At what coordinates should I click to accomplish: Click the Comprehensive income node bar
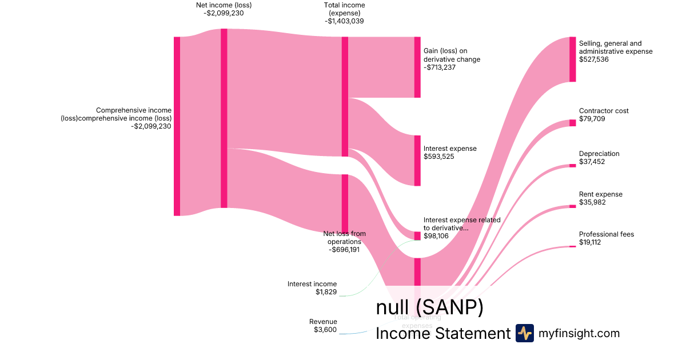[x=177, y=126]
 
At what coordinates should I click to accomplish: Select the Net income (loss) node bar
[x=224, y=118]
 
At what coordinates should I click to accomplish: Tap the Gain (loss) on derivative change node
[x=417, y=67]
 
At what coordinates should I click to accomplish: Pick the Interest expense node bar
[x=417, y=161]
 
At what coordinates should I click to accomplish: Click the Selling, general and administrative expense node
[x=572, y=59]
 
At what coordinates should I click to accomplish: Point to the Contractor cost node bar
[x=572, y=123]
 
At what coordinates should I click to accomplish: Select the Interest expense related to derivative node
[x=417, y=235]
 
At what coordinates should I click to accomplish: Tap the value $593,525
[x=439, y=157]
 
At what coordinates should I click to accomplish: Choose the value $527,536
[x=595, y=59]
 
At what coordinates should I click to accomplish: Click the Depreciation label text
[x=599, y=154]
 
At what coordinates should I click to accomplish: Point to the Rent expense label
[x=601, y=194]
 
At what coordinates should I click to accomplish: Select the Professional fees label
[x=607, y=234]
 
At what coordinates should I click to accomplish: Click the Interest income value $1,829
[x=326, y=292]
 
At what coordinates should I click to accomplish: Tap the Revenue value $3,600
[x=325, y=330]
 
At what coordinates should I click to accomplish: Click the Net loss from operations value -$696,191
[x=344, y=250]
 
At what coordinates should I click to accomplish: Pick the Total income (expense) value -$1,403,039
[x=344, y=21]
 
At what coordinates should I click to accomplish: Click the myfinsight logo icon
[x=524, y=333]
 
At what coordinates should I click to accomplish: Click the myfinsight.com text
[x=579, y=333]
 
